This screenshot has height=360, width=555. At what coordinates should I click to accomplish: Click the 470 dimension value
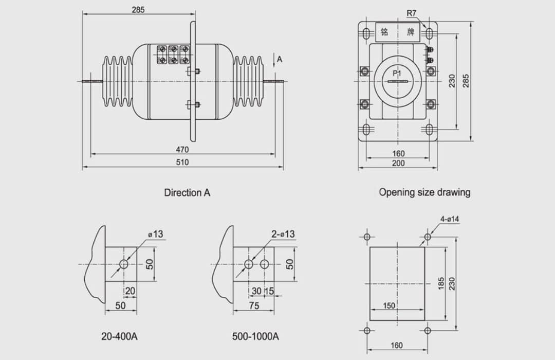point(182,150)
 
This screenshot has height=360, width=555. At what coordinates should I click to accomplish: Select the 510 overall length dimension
point(182,163)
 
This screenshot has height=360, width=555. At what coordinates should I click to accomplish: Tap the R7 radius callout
point(411,12)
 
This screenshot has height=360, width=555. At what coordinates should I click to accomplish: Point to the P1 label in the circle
point(397,74)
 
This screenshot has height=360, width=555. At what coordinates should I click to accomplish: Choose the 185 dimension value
point(440,283)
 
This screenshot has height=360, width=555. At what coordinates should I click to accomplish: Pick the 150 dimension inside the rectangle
point(389,306)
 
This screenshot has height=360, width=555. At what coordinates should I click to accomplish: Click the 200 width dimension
point(398,164)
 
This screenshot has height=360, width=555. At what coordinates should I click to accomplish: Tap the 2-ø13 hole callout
point(283,234)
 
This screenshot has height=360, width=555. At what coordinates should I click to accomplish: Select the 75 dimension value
point(254,306)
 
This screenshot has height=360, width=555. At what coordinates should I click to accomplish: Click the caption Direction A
point(187,193)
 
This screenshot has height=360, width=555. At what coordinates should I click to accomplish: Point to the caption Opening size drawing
point(424,192)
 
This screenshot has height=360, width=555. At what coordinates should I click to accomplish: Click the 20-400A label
point(119,337)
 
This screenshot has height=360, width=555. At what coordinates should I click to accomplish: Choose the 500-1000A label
point(255,337)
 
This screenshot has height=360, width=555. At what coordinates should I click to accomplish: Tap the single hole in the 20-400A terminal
point(124,264)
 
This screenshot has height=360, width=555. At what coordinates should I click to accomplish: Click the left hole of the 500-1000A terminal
point(249,264)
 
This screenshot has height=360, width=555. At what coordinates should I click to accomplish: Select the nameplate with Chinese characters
point(397,32)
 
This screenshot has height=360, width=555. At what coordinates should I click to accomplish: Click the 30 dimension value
point(256,291)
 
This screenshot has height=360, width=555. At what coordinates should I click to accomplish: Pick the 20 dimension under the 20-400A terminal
point(130,291)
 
